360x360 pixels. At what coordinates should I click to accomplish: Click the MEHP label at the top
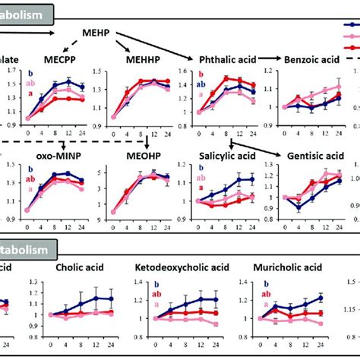tap(97, 34)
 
